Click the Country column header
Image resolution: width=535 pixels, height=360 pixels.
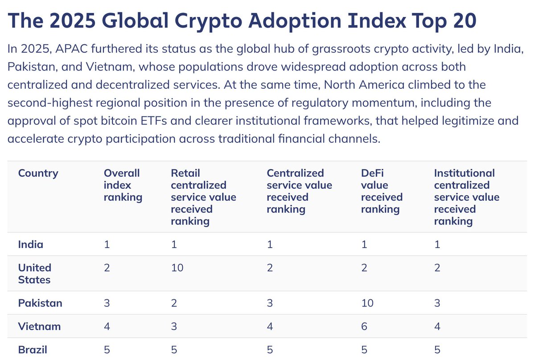coord(38,173)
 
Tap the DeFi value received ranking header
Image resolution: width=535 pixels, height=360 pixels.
coord(382,191)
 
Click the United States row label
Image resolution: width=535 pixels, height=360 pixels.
coord(35,273)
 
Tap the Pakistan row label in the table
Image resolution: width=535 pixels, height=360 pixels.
coord(40,303)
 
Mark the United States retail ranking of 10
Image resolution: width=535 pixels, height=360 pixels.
coord(177,268)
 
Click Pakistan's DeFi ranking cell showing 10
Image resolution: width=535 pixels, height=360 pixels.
coord(367,303)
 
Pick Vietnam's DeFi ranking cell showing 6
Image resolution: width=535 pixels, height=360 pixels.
coord(364,327)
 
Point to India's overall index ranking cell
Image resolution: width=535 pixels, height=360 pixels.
coord(106,244)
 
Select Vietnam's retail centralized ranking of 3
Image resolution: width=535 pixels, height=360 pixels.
coord(173,327)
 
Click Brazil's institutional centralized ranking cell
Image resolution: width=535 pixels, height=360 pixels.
coord(437,350)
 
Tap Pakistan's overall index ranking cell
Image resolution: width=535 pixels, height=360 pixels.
coord(107,303)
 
